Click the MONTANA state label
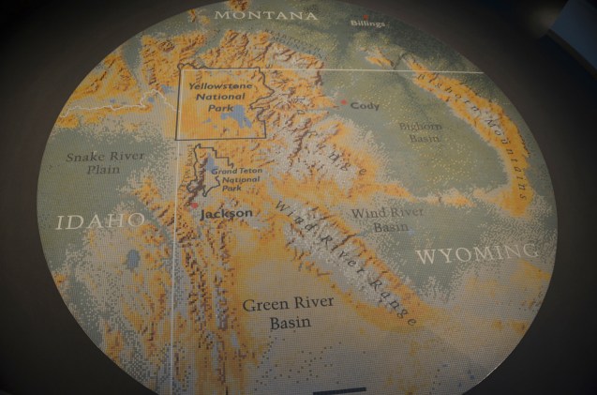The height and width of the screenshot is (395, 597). click(x=265, y=16)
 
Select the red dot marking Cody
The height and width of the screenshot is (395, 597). click(x=344, y=102)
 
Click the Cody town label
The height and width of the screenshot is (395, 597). click(x=365, y=106)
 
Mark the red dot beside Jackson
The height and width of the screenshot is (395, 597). click(x=196, y=205)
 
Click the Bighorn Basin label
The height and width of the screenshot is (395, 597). click(x=420, y=130)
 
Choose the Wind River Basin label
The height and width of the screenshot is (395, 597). click(x=387, y=220)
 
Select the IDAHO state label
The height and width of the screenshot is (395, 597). click(x=101, y=221)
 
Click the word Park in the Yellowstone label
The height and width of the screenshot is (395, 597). click(x=216, y=106)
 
